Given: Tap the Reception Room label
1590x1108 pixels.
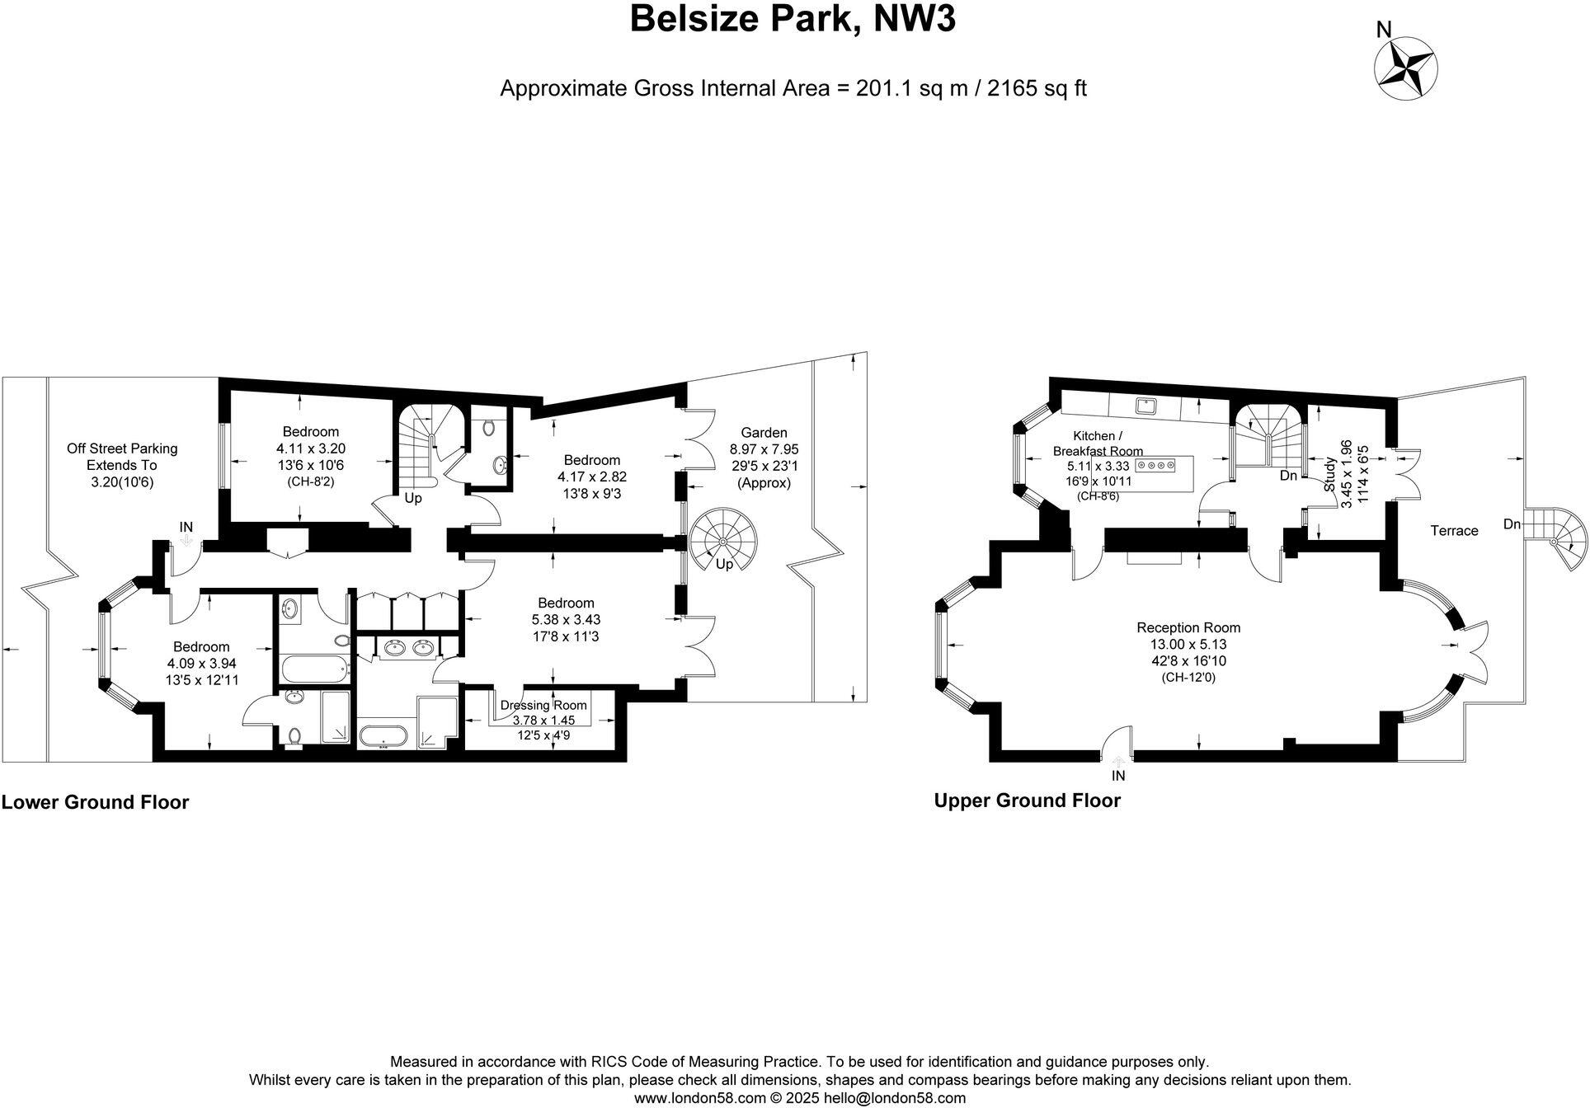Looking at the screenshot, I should pyautogui.click(x=1188, y=627).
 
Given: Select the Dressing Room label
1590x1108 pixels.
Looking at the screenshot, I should pyautogui.click(x=543, y=705).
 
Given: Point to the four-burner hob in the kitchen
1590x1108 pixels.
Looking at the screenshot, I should pyautogui.click(x=1155, y=466).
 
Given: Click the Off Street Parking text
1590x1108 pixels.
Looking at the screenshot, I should pyautogui.click(x=122, y=448).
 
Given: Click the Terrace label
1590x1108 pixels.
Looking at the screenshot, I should pyautogui.click(x=1454, y=531).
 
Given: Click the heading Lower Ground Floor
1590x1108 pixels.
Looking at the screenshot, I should pyautogui.click(x=96, y=802).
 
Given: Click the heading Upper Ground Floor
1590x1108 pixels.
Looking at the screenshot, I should pyautogui.click(x=1027, y=800).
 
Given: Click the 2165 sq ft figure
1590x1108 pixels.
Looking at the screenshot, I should pyautogui.click(x=1037, y=88).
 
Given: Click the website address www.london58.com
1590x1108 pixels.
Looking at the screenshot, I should pyautogui.click(x=699, y=1098).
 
